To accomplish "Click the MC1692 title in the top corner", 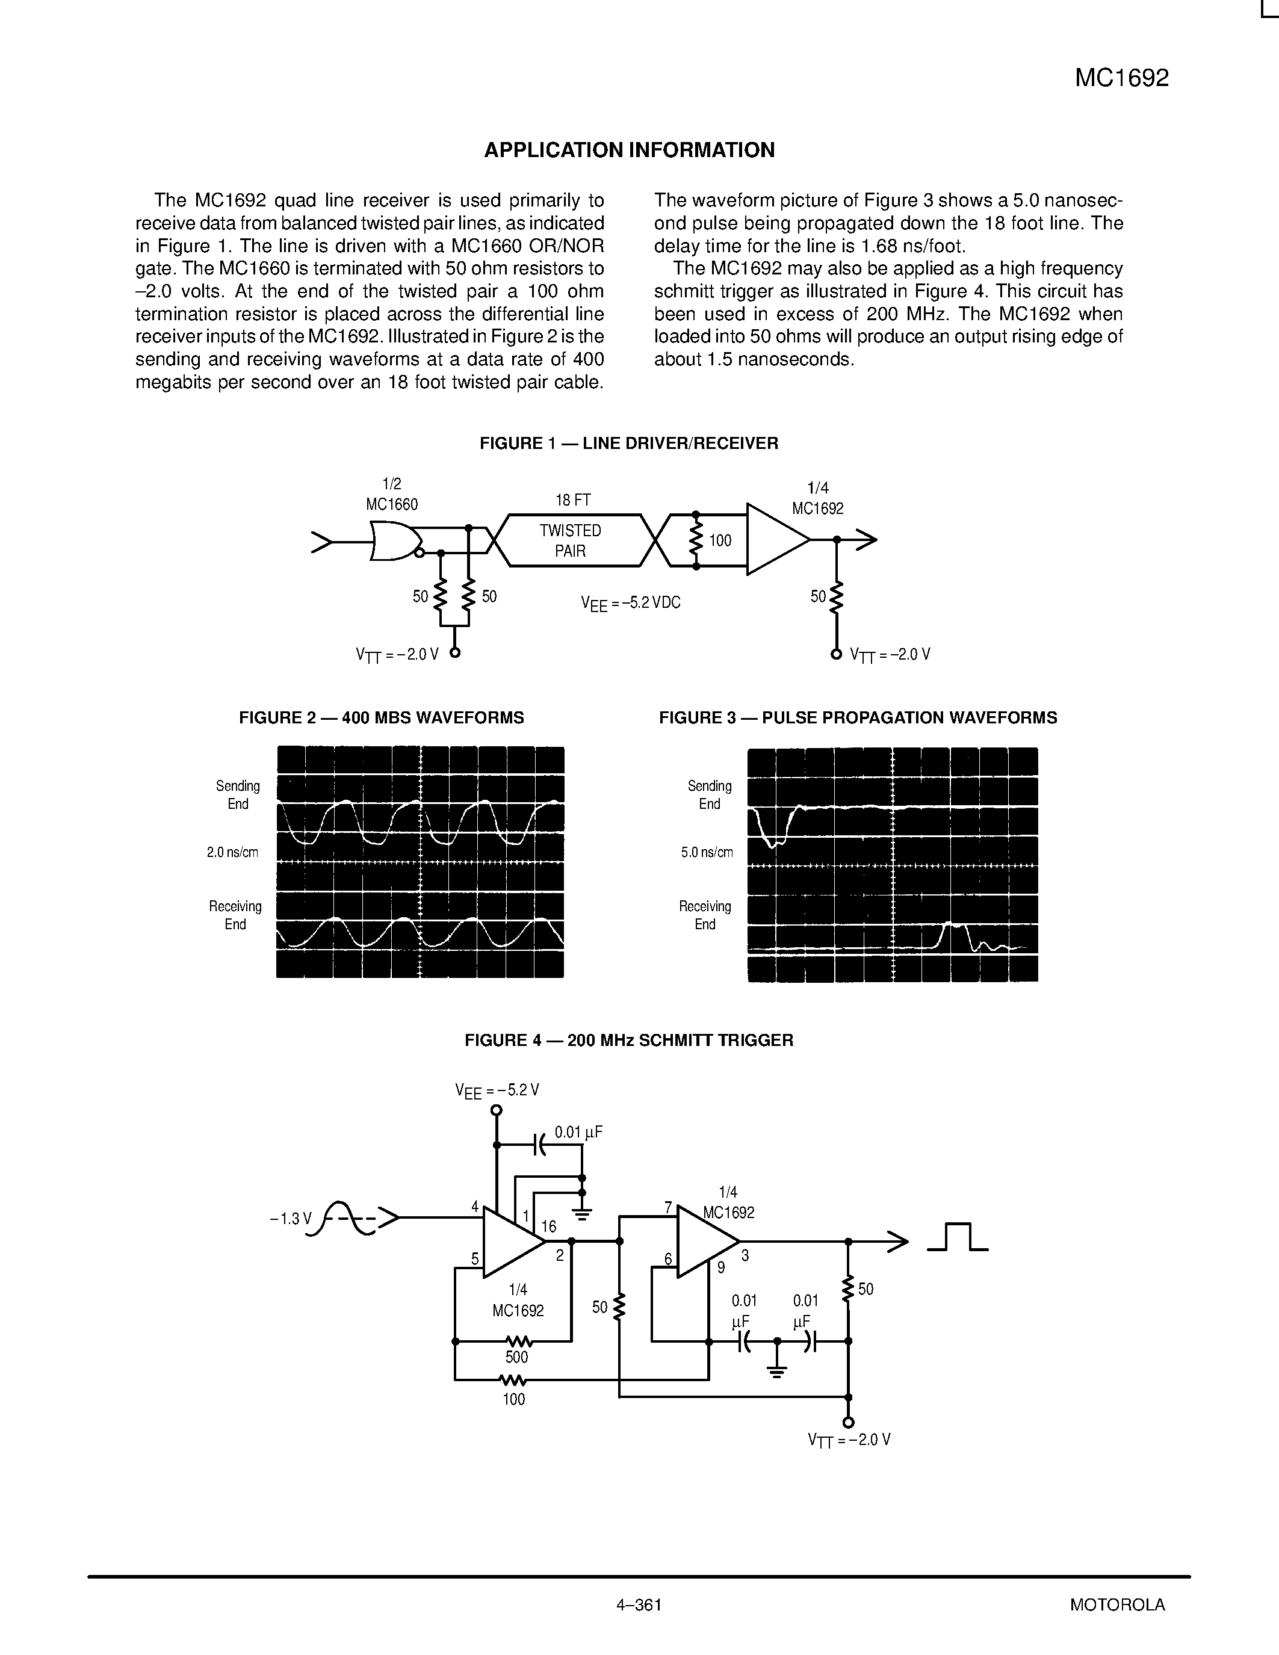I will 1121,78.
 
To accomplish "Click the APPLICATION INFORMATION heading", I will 629,150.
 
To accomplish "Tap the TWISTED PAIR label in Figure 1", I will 570,540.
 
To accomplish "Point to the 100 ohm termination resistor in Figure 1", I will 696,540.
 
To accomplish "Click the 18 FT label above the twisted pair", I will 573,500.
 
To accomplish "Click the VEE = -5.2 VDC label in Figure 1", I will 630,603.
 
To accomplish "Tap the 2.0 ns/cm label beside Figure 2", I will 232,853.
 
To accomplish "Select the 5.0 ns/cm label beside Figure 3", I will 707,853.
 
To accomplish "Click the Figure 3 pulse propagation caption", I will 858,717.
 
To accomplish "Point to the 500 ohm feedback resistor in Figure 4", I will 517,1341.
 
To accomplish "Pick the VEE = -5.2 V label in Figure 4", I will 497,1090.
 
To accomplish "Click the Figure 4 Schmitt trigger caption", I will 629,1041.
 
